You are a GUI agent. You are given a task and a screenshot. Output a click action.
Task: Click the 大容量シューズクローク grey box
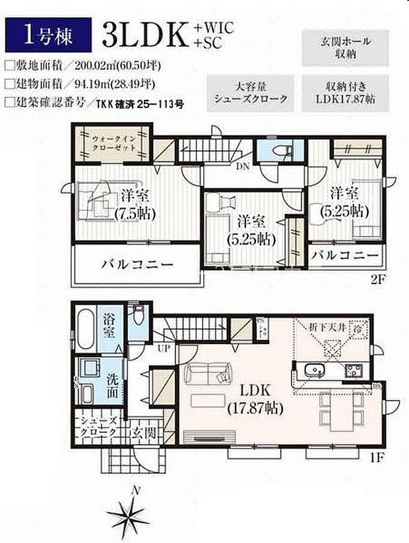pos(251,92)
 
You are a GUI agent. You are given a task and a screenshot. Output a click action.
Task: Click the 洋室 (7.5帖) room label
pos(137,205)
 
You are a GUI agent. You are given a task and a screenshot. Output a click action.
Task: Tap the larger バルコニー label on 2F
pos(137,266)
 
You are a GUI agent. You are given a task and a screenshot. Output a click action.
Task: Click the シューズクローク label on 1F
pos(98,427)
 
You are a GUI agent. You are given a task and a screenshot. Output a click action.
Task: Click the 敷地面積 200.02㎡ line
pos(82,65)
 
